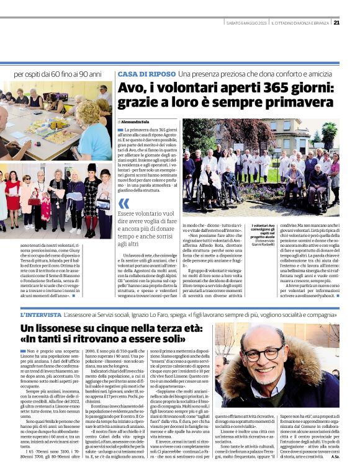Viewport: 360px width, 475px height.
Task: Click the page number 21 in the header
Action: (x=336, y=23)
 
